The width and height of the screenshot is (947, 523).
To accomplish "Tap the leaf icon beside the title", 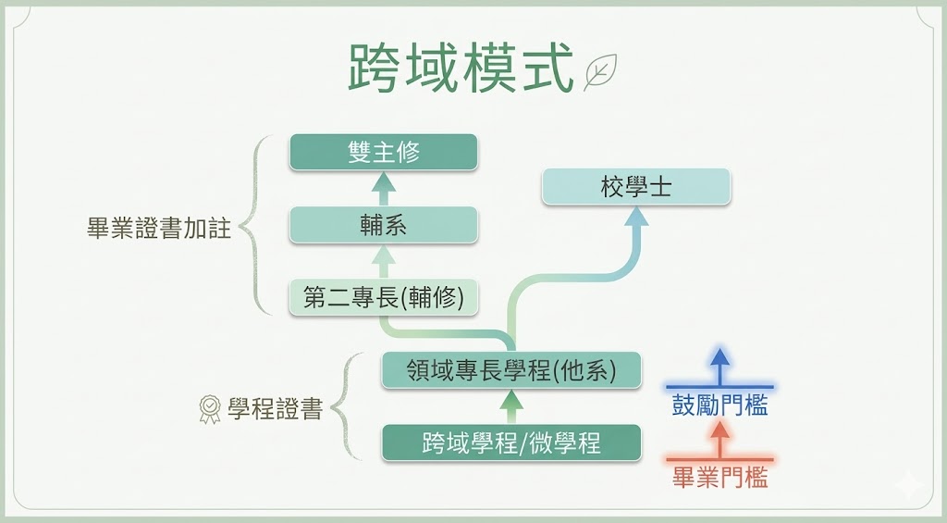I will (600, 71).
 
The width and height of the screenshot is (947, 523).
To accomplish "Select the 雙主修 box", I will (383, 152).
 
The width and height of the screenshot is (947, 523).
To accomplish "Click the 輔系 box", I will (383, 225).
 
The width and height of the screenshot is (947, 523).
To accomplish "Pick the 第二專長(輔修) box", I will (383, 297).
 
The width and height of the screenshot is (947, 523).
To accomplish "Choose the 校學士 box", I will (636, 186).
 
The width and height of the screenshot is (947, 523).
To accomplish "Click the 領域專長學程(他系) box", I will (511, 370).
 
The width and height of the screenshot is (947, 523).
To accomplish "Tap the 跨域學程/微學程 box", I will (511, 442).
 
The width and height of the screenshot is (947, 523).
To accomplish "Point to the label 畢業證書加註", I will (158, 229).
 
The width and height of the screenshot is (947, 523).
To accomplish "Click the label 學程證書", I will (275, 408).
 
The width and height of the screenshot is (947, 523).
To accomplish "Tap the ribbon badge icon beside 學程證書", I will (210, 409).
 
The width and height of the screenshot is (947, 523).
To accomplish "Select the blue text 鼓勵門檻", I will (719, 405).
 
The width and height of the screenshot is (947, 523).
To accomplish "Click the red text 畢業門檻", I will (719, 478).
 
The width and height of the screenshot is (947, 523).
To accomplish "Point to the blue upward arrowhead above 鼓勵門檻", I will (719, 357).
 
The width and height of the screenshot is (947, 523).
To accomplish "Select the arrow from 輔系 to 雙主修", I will (383, 188).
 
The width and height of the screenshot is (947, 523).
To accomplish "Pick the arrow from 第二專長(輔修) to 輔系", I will (383, 261).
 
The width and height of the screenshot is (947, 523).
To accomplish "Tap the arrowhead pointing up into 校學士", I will (636, 218).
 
